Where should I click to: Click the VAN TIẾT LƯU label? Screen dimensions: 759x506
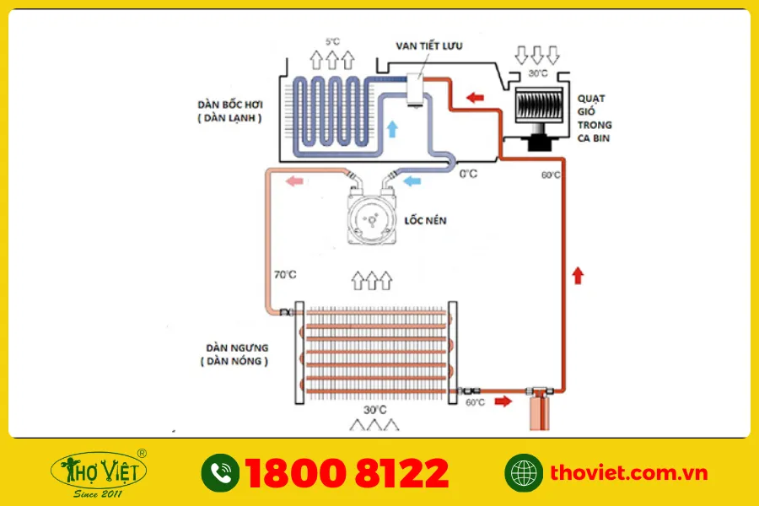[x=429, y=46]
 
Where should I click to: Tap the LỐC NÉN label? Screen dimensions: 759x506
[x=425, y=220]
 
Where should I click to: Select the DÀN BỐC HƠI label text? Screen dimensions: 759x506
[x=230, y=105]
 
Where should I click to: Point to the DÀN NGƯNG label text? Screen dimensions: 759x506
[x=237, y=348]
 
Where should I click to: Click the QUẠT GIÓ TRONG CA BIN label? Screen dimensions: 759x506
[x=594, y=118]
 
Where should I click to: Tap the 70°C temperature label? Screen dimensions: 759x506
[x=285, y=275]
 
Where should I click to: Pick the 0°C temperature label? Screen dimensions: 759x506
[x=468, y=174]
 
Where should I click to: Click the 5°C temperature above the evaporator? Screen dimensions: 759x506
[x=332, y=41]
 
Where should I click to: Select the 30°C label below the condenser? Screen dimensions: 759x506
[x=375, y=410]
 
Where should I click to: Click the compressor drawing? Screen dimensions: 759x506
[x=372, y=218]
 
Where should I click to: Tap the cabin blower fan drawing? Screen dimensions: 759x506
[x=538, y=117]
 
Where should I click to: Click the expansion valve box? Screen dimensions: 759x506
[x=415, y=89]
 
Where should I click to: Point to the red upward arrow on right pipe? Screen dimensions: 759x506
[x=578, y=275]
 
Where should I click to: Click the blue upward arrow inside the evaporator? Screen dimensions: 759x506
[x=392, y=129]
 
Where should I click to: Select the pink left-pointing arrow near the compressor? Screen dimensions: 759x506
[x=294, y=181]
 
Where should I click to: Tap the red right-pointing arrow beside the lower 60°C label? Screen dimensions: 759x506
[x=503, y=401]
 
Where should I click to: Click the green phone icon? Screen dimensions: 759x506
[x=220, y=472]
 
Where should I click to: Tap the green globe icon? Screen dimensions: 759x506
[x=523, y=472]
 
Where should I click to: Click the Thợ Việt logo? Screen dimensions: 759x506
[x=99, y=473]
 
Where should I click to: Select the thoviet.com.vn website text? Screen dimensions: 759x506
[x=629, y=472]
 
